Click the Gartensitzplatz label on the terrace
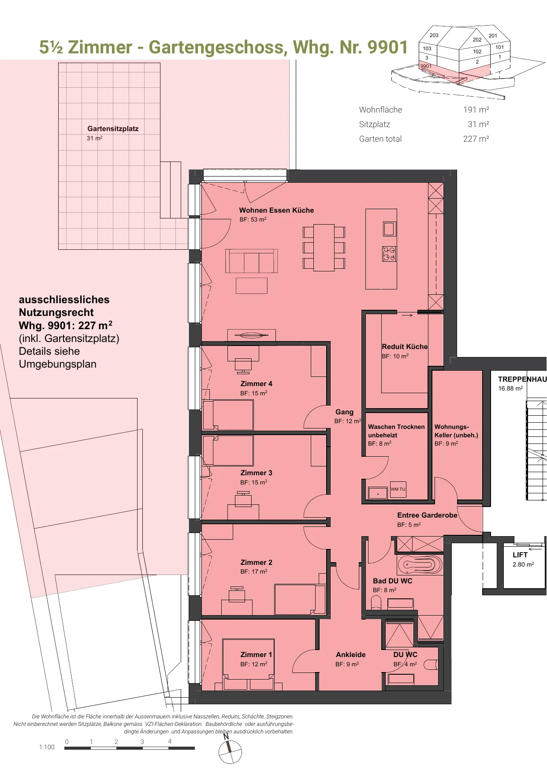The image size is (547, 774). click(x=113, y=129)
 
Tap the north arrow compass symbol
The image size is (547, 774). click(x=230, y=751)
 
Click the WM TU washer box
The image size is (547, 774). click(x=398, y=489)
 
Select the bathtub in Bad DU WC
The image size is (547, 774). click(x=420, y=564)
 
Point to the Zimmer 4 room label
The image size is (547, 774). click(x=256, y=384)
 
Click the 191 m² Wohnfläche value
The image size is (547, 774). click(x=476, y=110)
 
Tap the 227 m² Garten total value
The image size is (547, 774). click(x=476, y=139)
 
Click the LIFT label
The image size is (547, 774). click(x=520, y=555)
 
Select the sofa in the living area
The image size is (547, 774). click(x=252, y=261)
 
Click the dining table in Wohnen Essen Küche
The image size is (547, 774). click(x=324, y=248)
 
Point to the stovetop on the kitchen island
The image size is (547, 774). click(x=389, y=254)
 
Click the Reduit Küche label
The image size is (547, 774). click(x=405, y=347)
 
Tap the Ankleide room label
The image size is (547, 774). click(x=350, y=655)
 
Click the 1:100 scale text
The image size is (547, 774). click(x=47, y=747)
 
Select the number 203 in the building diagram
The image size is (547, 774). click(x=434, y=35)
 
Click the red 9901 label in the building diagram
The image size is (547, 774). click(x=426, y=66)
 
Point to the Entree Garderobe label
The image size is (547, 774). click(x=427, y=515)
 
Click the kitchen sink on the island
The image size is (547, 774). click(x=389, y=229)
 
